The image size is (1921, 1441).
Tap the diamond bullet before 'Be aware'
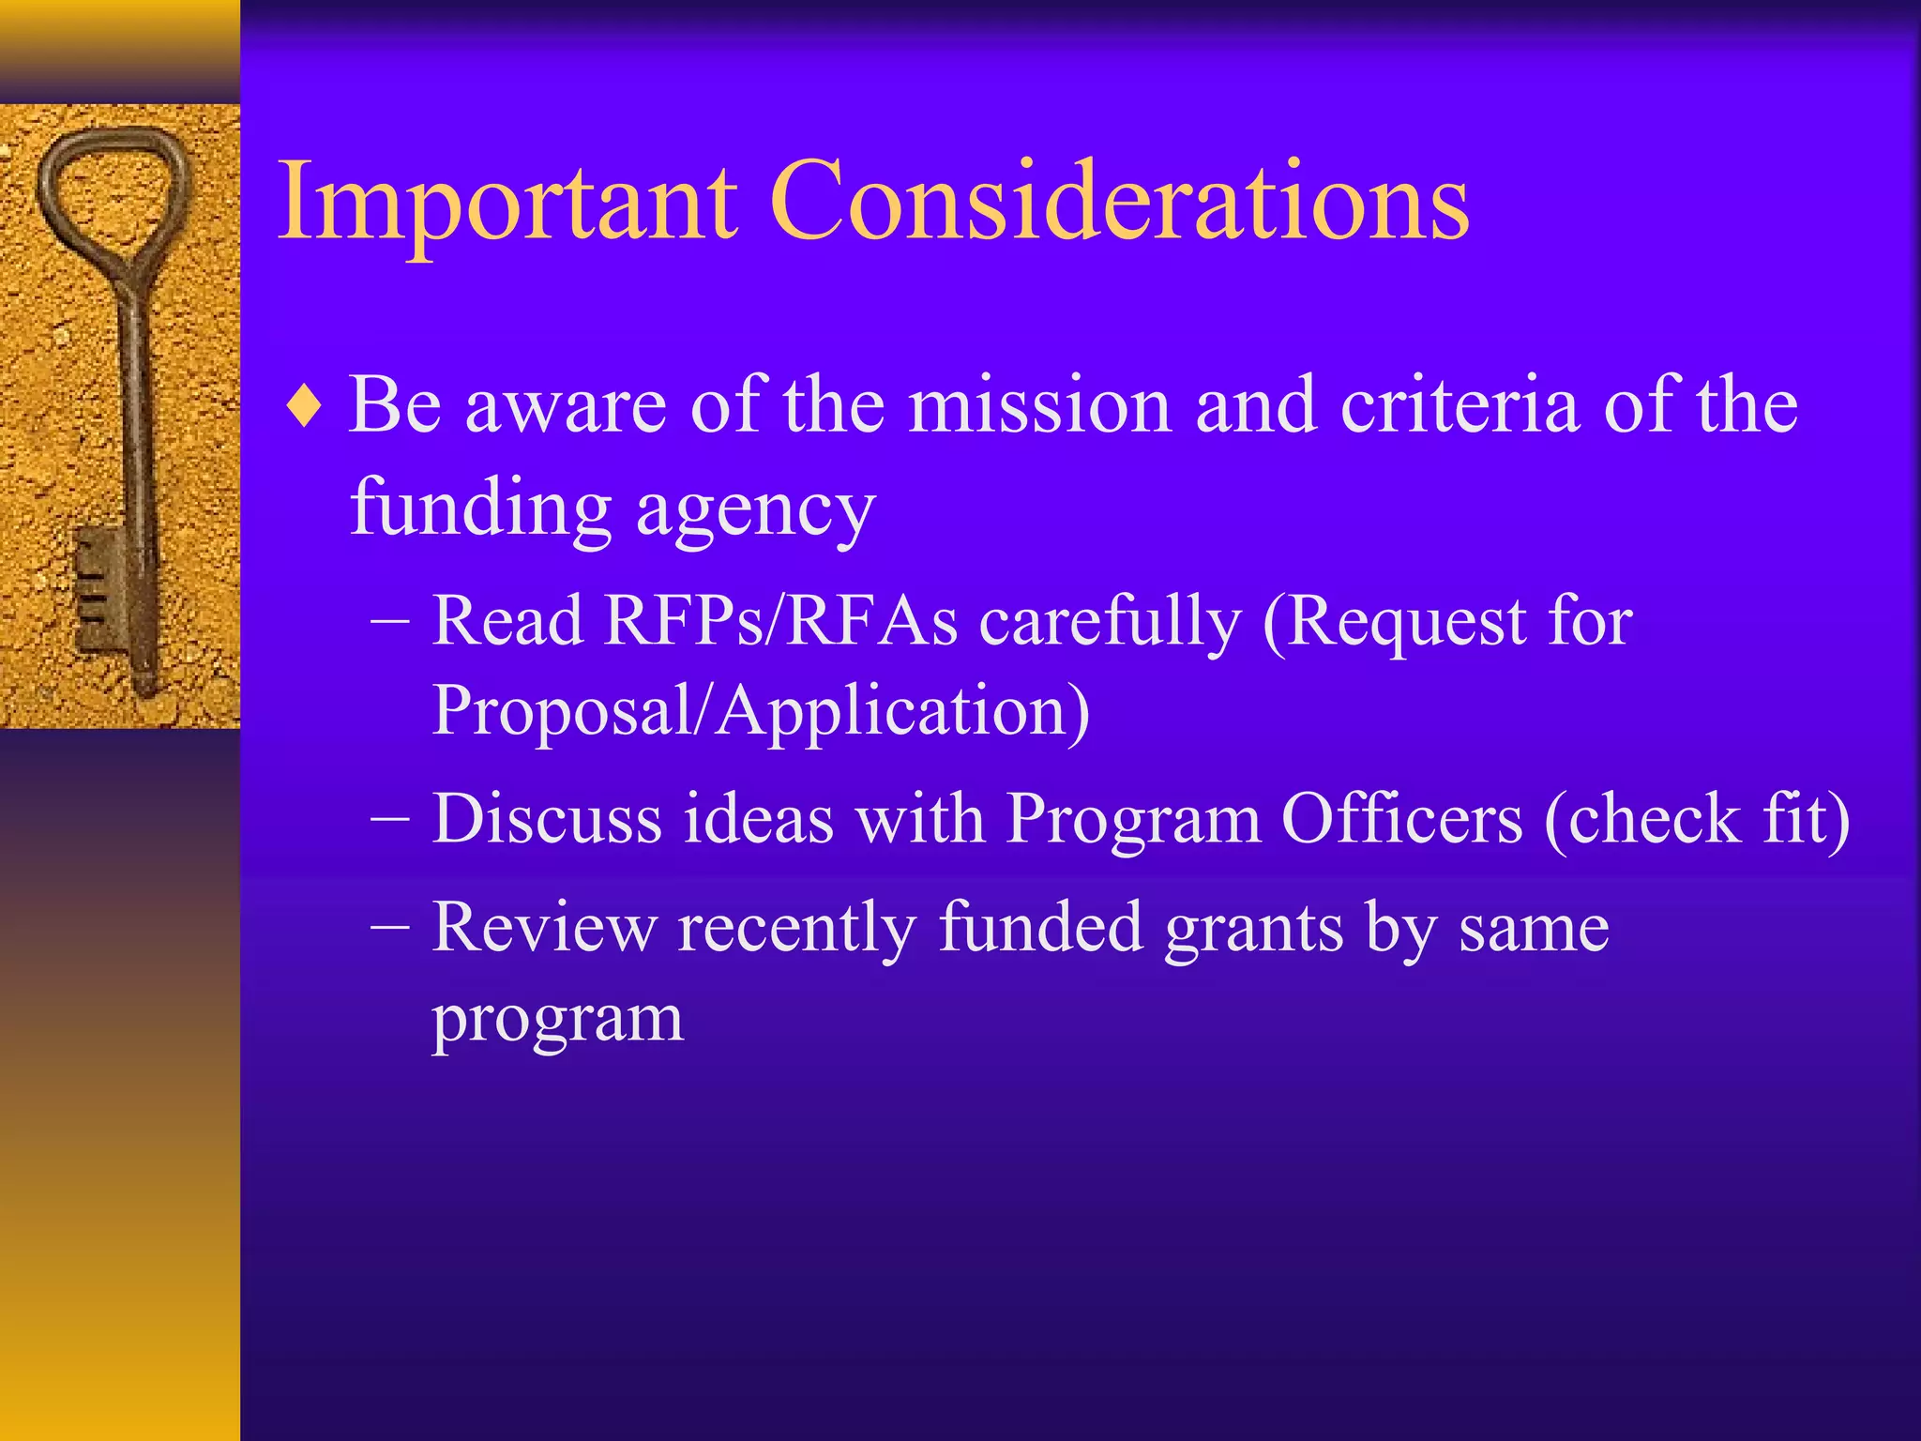tap(306, 407)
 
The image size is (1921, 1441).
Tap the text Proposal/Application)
tap(760, 711)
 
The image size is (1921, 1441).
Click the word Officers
tap(1401, 819)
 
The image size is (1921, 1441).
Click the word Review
tap(543, 928)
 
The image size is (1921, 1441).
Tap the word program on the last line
tap(557, 1019)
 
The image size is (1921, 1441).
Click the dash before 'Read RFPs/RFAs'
tap(389, 621)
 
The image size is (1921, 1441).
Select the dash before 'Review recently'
tap(389, 928)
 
